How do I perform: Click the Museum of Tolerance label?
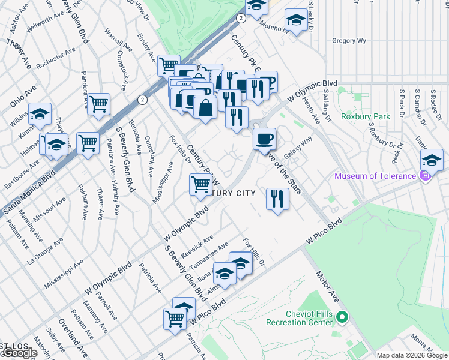pos(375,176)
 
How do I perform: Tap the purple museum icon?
pos(426,176)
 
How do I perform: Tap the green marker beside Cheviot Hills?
pos(342,317)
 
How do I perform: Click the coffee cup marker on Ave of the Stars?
pos(264,140)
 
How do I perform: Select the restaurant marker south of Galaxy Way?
pos(277,199)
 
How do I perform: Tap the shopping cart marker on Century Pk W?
pos(200,184)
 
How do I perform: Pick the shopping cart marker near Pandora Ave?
pos(98,104)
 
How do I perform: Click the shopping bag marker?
pos(206,108)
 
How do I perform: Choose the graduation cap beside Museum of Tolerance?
pos(431,160)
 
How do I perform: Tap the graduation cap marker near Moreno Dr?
pos(295,20)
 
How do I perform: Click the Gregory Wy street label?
pos(349,41)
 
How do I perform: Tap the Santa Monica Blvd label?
pos(28,192)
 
